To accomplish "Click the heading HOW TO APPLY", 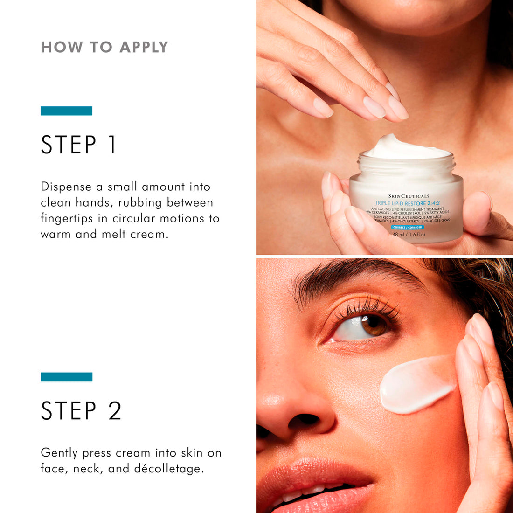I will click(x=104, y=47).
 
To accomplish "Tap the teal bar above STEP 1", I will click(x=66, y=111).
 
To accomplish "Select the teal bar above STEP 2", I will click(x=66, y=377).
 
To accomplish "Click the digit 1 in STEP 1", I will click(x=111, y=145).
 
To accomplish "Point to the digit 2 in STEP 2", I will click(x=114, y=411).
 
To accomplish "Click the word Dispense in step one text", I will click(x=66, y=187).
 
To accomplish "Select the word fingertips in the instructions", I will click(x=67, y=219).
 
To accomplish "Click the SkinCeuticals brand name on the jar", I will click(x=409, y=196).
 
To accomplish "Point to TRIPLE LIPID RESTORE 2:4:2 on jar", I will click(x=407, y=203).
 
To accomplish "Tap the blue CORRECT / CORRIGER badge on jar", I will click(x=407, y=227).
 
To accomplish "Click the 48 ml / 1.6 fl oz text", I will click(x=409, y=234).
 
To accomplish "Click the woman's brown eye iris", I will click(x=374, y=325).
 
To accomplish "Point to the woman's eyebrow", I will click(x=354, y=275).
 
